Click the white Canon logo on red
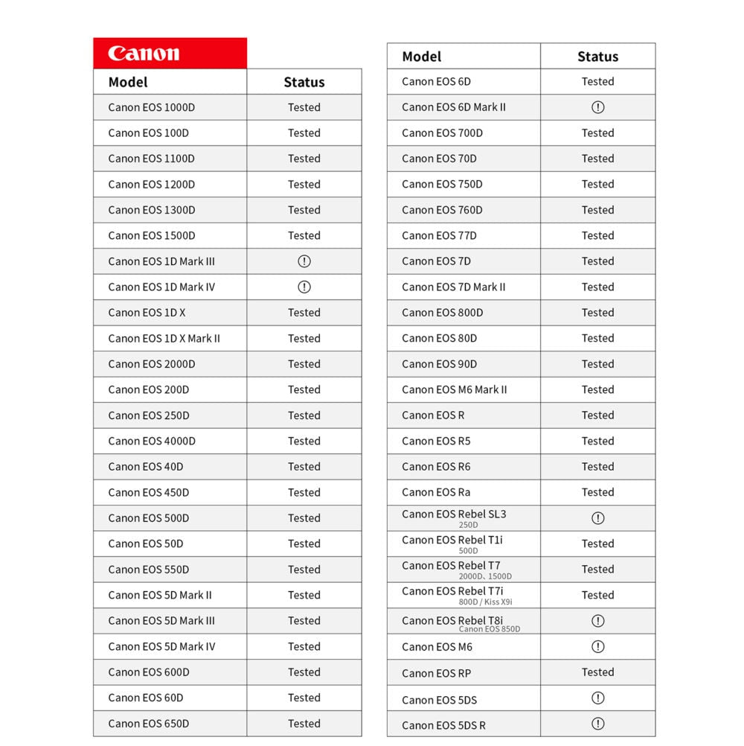(x=144, y=54)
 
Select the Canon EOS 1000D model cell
(x=152, y=107)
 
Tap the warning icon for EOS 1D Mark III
(x=304, y=261)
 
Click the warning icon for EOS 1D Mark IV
(x=304, y=287)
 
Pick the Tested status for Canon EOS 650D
(x=304, y=724)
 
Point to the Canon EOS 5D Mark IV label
(x=161, y=646)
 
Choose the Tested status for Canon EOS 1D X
(x=304, y=313)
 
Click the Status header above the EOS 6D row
(x=597, y=57)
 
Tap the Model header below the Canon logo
(x=128, y=82)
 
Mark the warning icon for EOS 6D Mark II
(x=598, y=107)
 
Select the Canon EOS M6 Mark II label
(x=455, y=389)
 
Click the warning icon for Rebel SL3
(x=598, y=518)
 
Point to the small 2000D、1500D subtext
(x=485, y=576)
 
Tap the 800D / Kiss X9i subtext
(x=486, y=602)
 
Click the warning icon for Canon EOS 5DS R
(x=598, y=724)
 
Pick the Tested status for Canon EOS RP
(x=598, y=672)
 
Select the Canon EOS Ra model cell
(x=436, y=492)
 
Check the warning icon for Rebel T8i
(x=598, y=621)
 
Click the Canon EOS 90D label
(x=440, y=364)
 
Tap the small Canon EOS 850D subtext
(x=490, y=629)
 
